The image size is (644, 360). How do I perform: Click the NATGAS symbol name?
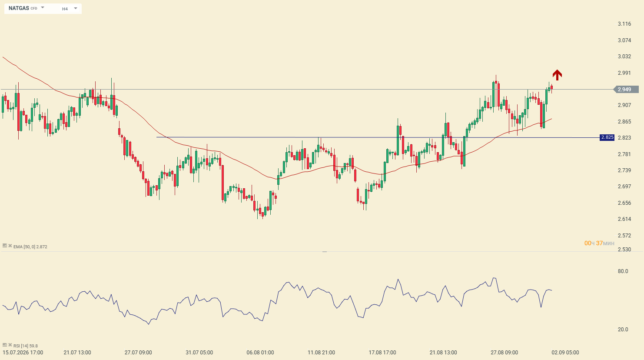pyautogui.click(x=19, y=8)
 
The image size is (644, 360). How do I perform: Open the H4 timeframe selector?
pyautogui.click(x=70, y=9)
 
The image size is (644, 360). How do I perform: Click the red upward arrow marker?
pyautogui.click(x=557, y=75)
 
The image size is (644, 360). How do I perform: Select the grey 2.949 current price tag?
pyautogui.click(x=626, y=90)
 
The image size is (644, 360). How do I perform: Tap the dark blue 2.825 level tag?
pyautogui.click(x=607, y=137)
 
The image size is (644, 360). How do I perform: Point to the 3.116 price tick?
pyautogui.click(x=624, y=24)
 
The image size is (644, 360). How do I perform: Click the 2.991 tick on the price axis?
pyautogui.click(x=624, y=73)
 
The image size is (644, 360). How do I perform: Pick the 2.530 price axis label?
pyautogui.click(x=624, y=250)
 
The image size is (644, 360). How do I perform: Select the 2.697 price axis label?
pyautogui.click(x=624, y=187)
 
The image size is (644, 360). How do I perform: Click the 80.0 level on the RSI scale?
pyautogui.click(x=623, y=271)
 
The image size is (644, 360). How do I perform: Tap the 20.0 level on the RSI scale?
pyautogui.click(x=623, y=330)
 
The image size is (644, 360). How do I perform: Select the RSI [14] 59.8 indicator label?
pyautogui.click(x=26, y=346)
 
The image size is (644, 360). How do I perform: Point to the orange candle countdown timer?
pyautogui.click(x=599, y=243)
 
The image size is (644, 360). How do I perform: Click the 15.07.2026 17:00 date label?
pyautogui.click(x=23, y=353)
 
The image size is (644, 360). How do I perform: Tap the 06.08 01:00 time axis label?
pyautogui.click(x=260, y=353)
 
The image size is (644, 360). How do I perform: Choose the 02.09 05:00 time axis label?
pyautogui.click(x=565, y=353)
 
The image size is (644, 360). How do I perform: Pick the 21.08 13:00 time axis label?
pyautogui.click(x=443, y=353)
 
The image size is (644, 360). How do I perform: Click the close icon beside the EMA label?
pyautogui.click(x=10, y=246)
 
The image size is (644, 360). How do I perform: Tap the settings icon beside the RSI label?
pyautogui.click(x=5, y=345)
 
